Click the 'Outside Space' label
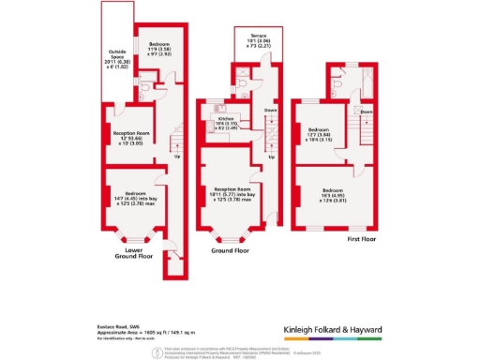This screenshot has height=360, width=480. tap(117, 52)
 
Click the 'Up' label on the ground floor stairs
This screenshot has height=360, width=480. tap(271, 157)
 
